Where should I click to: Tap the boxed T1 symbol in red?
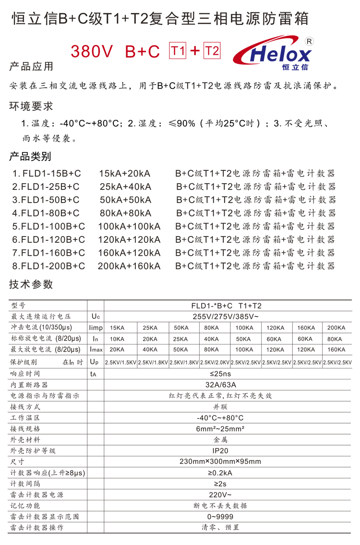(177, 51)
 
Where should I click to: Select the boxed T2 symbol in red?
(212, 51)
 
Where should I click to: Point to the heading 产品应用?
(31, 67)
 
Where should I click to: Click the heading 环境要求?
(31, 106)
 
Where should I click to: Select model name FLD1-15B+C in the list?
(47, 173)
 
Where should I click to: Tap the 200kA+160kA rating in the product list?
(129, 265)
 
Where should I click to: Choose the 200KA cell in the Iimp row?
(336, 328)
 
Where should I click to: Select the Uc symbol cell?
(95, 317)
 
